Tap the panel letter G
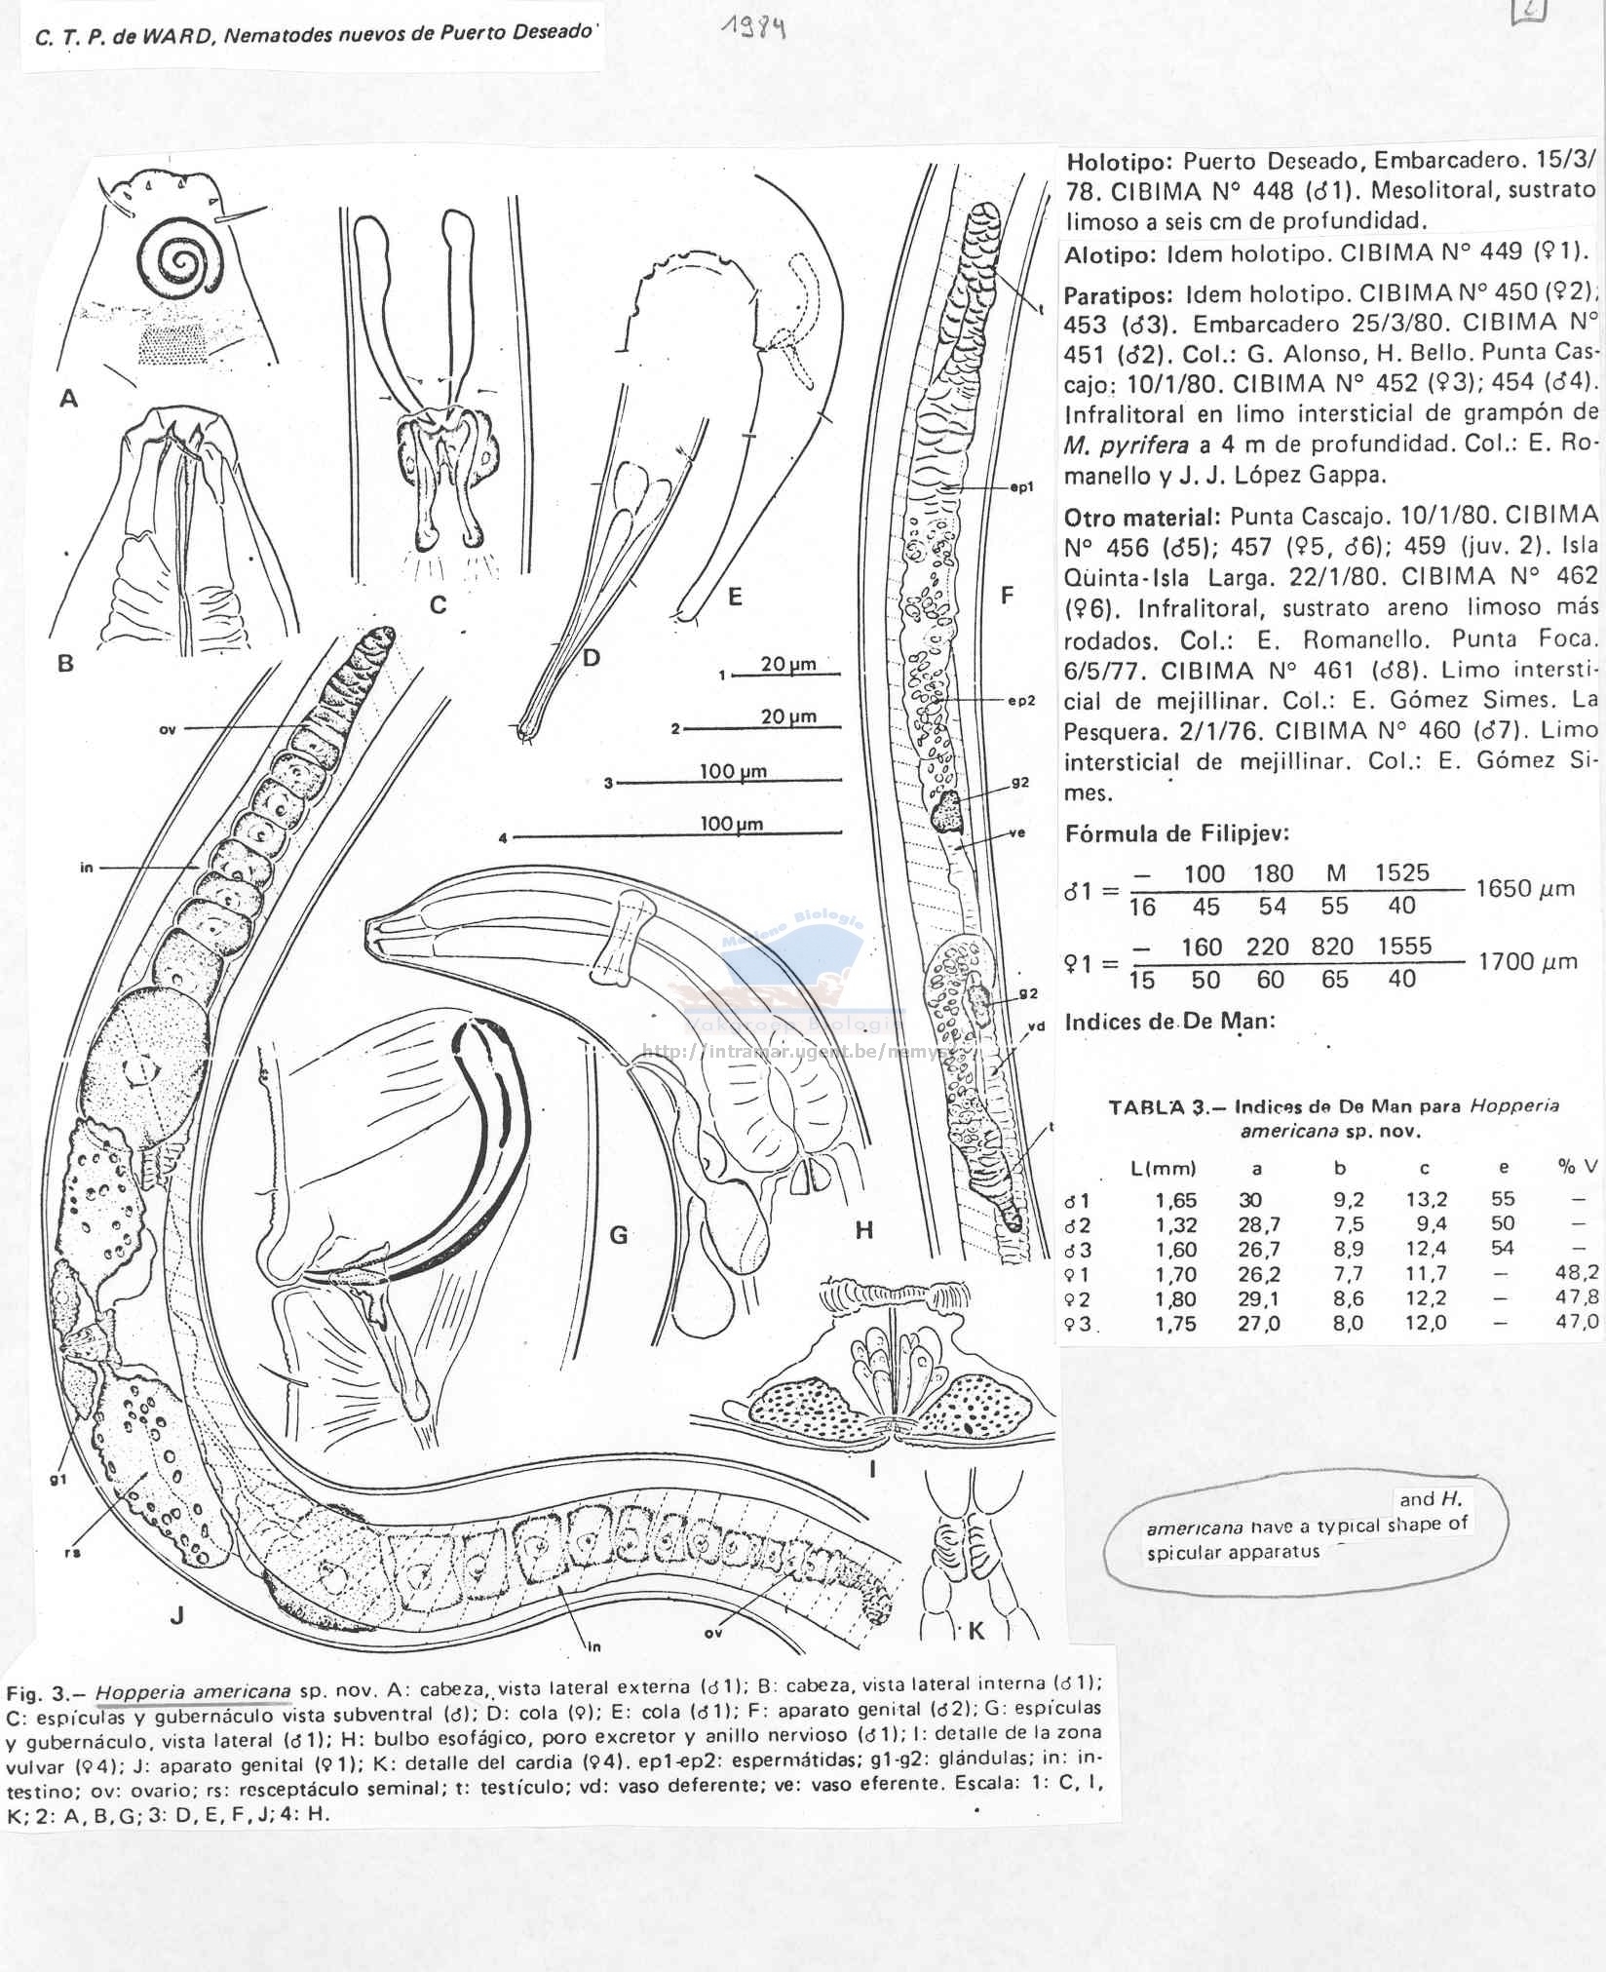tap(618, 1236)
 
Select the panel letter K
tap(976, 1631)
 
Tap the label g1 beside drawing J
tap(57, 1479)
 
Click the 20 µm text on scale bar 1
tap(788, 665)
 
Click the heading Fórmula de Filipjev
tap(1177, 833)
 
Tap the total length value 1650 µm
tap(1526, 888)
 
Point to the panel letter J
tap(176, 1615)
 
